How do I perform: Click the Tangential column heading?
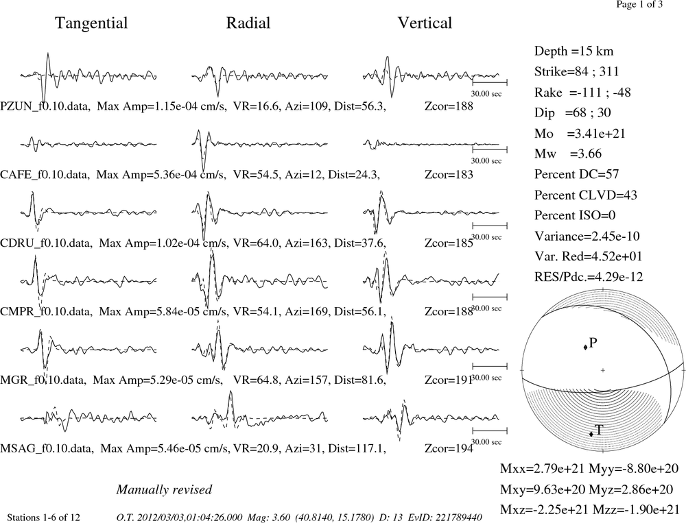[x=91, y=23]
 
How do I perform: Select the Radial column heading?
[x=248, y=23]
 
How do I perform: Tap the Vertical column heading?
[x=425, y=23]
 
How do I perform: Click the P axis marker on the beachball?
[x=585, y=348]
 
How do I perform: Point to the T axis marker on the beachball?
[x=591, y=434]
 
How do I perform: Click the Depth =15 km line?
[x=573, y=51]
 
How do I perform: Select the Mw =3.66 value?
[x=568, y=154]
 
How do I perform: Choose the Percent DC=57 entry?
[x=577, y=175]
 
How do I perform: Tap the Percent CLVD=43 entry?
[x=585, y=195]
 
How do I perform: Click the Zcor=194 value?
[x=449, y=449]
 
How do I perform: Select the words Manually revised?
[x=164, y=490]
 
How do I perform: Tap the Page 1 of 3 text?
[x=639, y=4]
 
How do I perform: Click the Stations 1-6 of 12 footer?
[x=44, y=518]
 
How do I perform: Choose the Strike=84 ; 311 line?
[x=577, y=72]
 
